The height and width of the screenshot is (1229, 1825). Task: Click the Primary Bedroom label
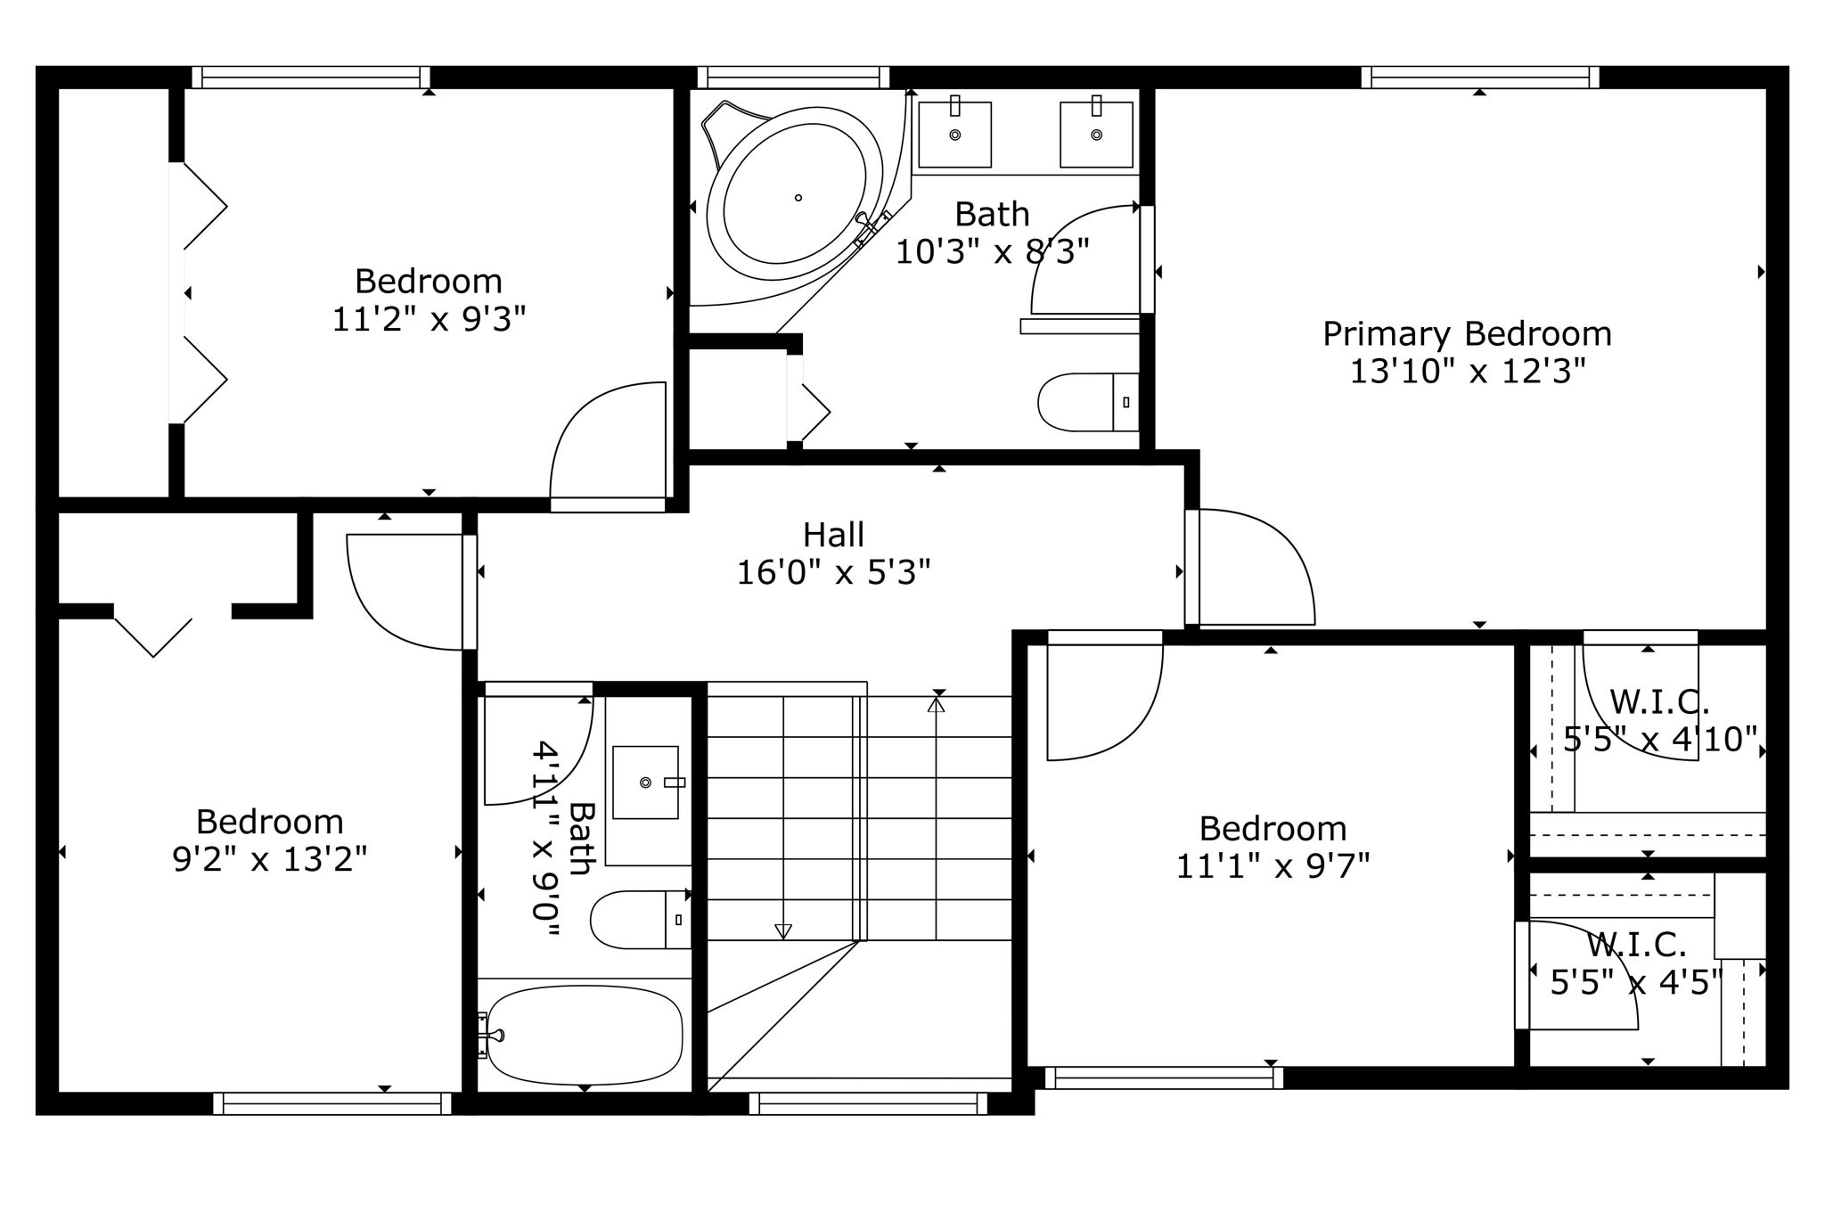tap(1467, 334)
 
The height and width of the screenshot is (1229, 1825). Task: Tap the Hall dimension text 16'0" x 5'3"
tap(833, 572)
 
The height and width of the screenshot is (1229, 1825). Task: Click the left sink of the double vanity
tap(954, 135)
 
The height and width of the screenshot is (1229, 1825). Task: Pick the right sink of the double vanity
tap(1096, 135)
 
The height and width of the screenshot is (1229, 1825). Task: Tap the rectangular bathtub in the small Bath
tap(585, 1035)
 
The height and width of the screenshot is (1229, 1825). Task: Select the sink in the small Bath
tap(645, 782)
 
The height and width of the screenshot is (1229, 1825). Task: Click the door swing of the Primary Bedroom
tap(1252, 567)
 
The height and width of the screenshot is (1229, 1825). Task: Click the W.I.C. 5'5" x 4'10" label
tap(1659, 702)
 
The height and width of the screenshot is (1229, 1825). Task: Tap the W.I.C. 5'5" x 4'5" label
tap(1636, 943)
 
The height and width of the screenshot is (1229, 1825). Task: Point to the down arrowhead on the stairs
tap(783, 931)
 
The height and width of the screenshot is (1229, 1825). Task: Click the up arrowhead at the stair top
tap(936, 704)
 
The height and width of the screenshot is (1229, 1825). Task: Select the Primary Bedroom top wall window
tap(1479, 78)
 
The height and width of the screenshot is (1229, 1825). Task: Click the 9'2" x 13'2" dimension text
tap(269, 859)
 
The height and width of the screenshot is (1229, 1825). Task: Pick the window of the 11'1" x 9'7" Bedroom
tap(1163, 1077)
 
